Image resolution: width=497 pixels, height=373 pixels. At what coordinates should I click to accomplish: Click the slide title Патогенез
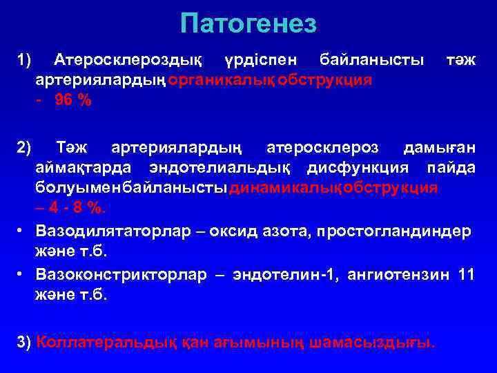[248, 24]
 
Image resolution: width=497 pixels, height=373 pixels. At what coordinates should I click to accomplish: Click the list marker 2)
[25, 148]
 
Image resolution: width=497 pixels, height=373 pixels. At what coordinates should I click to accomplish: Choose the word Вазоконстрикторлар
[121, 274]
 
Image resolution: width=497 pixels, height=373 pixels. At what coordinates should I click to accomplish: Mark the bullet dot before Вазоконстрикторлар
[23, 274]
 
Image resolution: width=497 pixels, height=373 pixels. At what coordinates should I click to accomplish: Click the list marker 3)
[24, 341]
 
